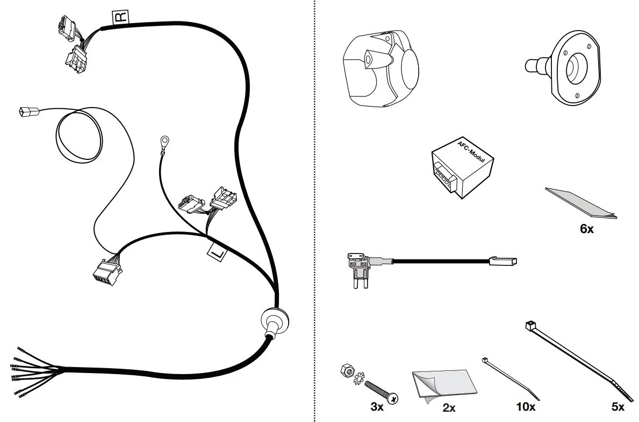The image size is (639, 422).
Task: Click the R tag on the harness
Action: [120, 17]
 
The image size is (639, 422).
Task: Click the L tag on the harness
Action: [217, 252]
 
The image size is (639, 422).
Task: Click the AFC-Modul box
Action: [463, 167]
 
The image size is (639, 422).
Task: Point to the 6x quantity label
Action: [586, 229]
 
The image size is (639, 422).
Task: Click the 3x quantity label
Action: [377, 406]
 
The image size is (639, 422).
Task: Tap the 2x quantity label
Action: [449, 407]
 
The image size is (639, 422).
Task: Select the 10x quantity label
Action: [526, 406]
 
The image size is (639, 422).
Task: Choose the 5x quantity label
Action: [618, 406]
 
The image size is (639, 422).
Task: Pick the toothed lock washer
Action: [358, 378]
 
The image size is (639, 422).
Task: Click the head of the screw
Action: [393, 398]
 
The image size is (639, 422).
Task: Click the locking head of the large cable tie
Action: [530, 326]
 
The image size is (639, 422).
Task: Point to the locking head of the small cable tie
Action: [485, 361]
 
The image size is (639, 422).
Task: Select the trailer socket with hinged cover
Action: [380, 68]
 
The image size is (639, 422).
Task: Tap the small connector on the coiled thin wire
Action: [29, 111]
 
